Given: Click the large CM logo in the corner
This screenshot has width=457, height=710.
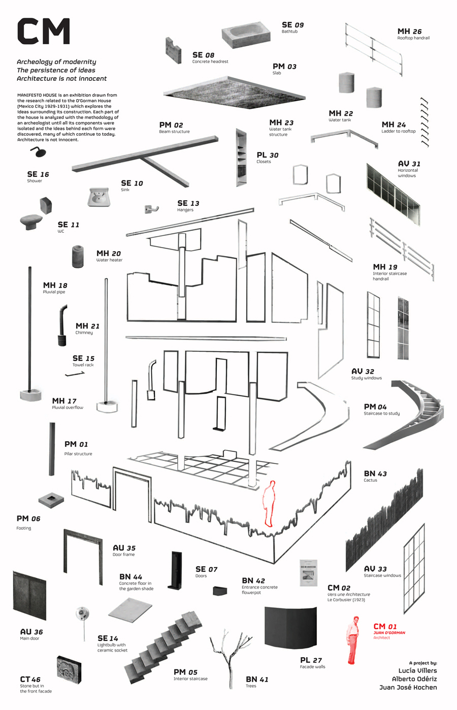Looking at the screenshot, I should click(x=43, y=31).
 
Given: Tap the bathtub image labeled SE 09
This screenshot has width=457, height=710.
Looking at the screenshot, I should click(x=245, y=35).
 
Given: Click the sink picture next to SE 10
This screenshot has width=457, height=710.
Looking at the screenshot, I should click(x=99, y=197).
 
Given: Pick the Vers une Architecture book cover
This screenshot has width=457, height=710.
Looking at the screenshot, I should click(x=308, y=573).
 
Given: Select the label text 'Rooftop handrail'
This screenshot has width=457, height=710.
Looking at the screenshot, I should click(x=413, y=38).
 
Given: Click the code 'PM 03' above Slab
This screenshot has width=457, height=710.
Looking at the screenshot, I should click(x=284, y=67).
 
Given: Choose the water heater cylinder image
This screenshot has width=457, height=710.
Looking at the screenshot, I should click(x=78, y=257).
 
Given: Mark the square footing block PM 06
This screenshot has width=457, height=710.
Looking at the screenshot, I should click(x=51, y=500).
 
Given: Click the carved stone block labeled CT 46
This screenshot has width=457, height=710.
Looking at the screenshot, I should click(x=69, y=670).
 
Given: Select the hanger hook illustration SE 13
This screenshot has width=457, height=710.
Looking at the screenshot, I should click(x=151, y=209).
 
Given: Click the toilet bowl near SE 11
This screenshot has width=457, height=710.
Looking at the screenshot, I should click(x=31, y=221).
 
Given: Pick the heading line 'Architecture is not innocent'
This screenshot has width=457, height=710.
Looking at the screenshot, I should click(x=61, y=79).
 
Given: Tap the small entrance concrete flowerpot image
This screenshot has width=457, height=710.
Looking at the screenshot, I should click(x=220, y=591).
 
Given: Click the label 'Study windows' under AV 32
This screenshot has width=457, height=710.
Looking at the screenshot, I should click(x=366, y=378).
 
